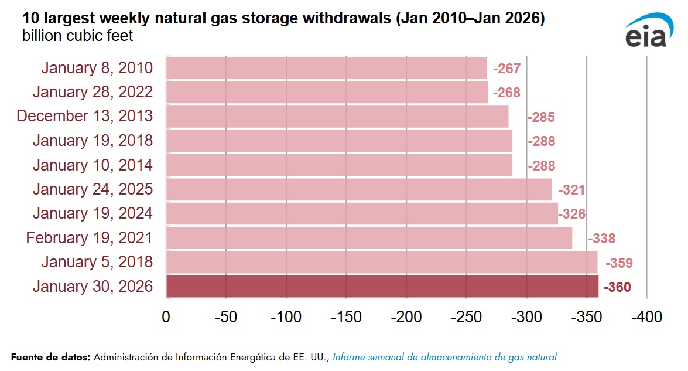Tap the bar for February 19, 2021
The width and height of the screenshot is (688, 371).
tap(369, 238)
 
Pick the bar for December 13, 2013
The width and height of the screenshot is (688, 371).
tap(337, 116)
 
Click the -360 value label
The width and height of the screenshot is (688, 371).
tap(617, 287)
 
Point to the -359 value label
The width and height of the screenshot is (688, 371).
tap(618, 263)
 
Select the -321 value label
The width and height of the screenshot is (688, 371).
tap(571, 190)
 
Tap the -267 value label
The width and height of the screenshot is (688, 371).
tap(506, 69)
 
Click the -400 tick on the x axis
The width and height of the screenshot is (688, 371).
tap(646, 318)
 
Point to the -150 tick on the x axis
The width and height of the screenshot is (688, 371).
tap(346, 318)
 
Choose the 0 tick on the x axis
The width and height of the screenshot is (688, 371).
tap(166, 318)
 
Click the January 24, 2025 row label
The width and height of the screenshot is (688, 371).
tap(93, 189)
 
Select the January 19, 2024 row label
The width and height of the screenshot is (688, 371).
tap(93, 213)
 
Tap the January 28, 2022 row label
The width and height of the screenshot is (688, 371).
tap(93, 92)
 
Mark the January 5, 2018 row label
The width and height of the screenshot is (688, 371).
tap(97, 262)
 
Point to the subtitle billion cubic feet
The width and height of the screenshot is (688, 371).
tap(77, 36)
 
